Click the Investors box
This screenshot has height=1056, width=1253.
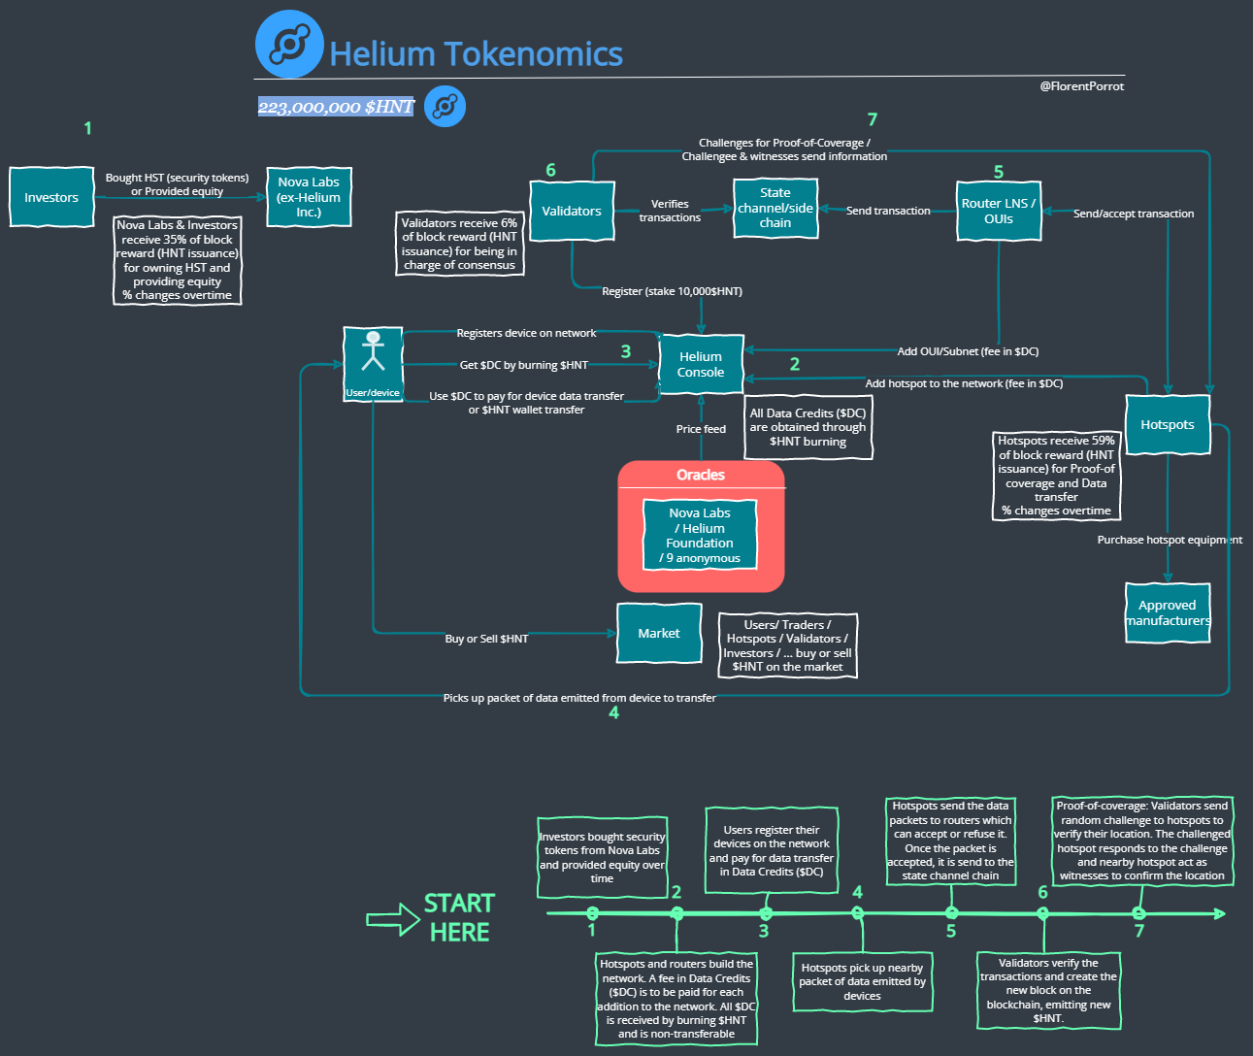[51, 197]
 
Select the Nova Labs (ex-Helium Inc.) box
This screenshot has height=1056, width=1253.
[309, 197]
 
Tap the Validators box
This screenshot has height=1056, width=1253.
[572, 211]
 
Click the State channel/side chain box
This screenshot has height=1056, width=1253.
[775, 208]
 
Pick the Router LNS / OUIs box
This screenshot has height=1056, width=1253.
[998, 211]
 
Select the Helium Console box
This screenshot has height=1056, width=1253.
[701, 365]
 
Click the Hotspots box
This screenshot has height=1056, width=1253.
[1167, 424]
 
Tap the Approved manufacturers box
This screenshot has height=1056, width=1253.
[1168, 612]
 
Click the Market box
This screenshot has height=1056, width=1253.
[659, 634]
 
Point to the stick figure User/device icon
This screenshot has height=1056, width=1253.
[373, 352]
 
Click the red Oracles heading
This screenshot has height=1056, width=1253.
[701, 475]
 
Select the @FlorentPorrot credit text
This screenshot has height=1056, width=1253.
[1081, 86]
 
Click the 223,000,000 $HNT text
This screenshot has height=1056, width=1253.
[336, 107]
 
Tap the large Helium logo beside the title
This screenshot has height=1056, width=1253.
[289, 45]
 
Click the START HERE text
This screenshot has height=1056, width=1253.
[459, 917]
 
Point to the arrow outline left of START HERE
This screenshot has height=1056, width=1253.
[393, 919]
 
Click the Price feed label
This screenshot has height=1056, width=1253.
[701, 429]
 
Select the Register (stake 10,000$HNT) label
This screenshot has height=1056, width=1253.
[672, 291]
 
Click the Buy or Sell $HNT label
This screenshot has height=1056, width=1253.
[486, 639]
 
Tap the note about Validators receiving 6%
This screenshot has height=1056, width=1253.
[459, 244]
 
